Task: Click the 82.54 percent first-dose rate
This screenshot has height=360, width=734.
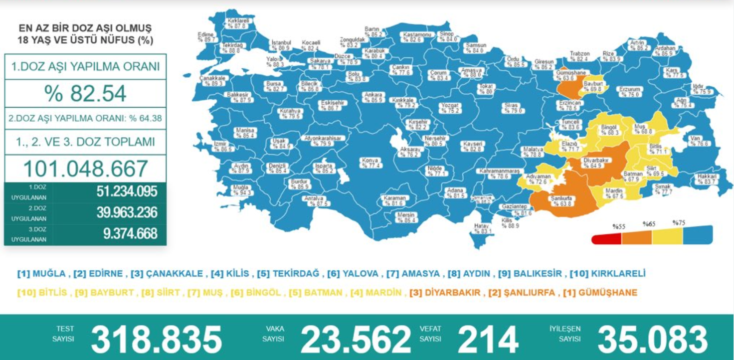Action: (85, 94)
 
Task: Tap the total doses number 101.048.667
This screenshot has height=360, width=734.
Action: (85, 169)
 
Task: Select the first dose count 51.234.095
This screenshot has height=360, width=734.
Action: (127, 191)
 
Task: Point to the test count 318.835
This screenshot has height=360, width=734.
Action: (156, 339)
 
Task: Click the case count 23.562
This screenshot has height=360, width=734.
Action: (355, 339)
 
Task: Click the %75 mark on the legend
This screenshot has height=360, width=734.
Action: (679, 223)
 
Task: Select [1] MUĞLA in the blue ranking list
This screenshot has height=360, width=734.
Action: (41, 274)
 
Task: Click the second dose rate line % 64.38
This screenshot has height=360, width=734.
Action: (85, 119)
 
